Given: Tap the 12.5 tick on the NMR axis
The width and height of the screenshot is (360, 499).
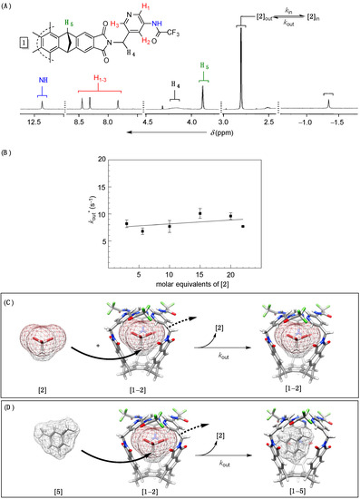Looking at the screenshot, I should tap(38, 119).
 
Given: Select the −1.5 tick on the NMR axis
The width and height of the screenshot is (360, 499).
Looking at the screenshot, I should tap(336, 119).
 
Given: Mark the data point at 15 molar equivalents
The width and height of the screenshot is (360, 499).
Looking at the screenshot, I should tap(199, 213).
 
